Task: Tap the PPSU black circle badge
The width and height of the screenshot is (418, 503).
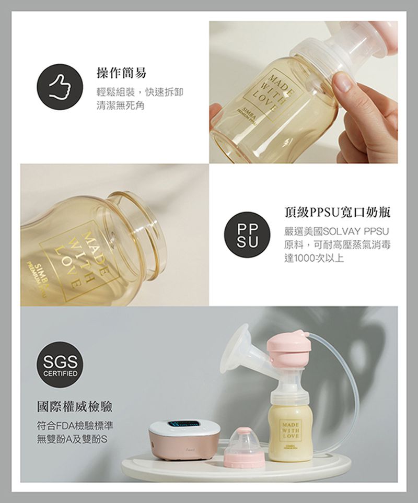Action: (x=245, y=237)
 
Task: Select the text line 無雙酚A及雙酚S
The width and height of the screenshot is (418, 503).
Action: (x=72, y=437)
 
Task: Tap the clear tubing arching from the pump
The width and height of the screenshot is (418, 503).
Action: (x=347, y=366)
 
